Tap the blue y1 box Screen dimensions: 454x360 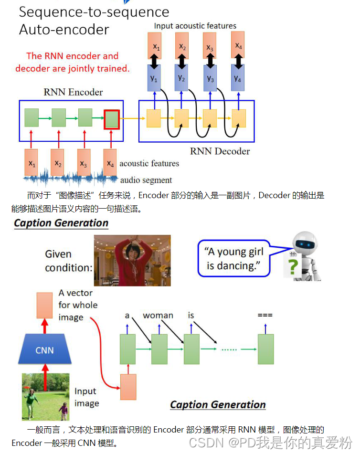(x=154, y=78)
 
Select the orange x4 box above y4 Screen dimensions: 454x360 (x=238, y=45)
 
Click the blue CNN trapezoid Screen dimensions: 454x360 (x=44, y=350)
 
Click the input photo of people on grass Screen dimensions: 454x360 (x=45, y=396)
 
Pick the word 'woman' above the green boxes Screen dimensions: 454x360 (x=158, y=316)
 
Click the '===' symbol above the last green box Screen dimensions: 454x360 (x=265, y=316)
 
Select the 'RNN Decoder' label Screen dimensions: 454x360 (x=220, y=151)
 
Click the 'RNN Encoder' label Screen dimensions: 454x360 (x=73, y=92)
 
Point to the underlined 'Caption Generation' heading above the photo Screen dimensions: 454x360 (x=61, y=223)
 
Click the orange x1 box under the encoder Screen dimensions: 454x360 (x=32, y=163)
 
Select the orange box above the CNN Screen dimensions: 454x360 (x=44, y=306)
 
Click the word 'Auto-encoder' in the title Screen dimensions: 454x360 (x=64, y=30)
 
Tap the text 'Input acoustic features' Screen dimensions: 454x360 (x=195, y=26)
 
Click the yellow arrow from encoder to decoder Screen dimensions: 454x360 (x=131, y=117)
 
